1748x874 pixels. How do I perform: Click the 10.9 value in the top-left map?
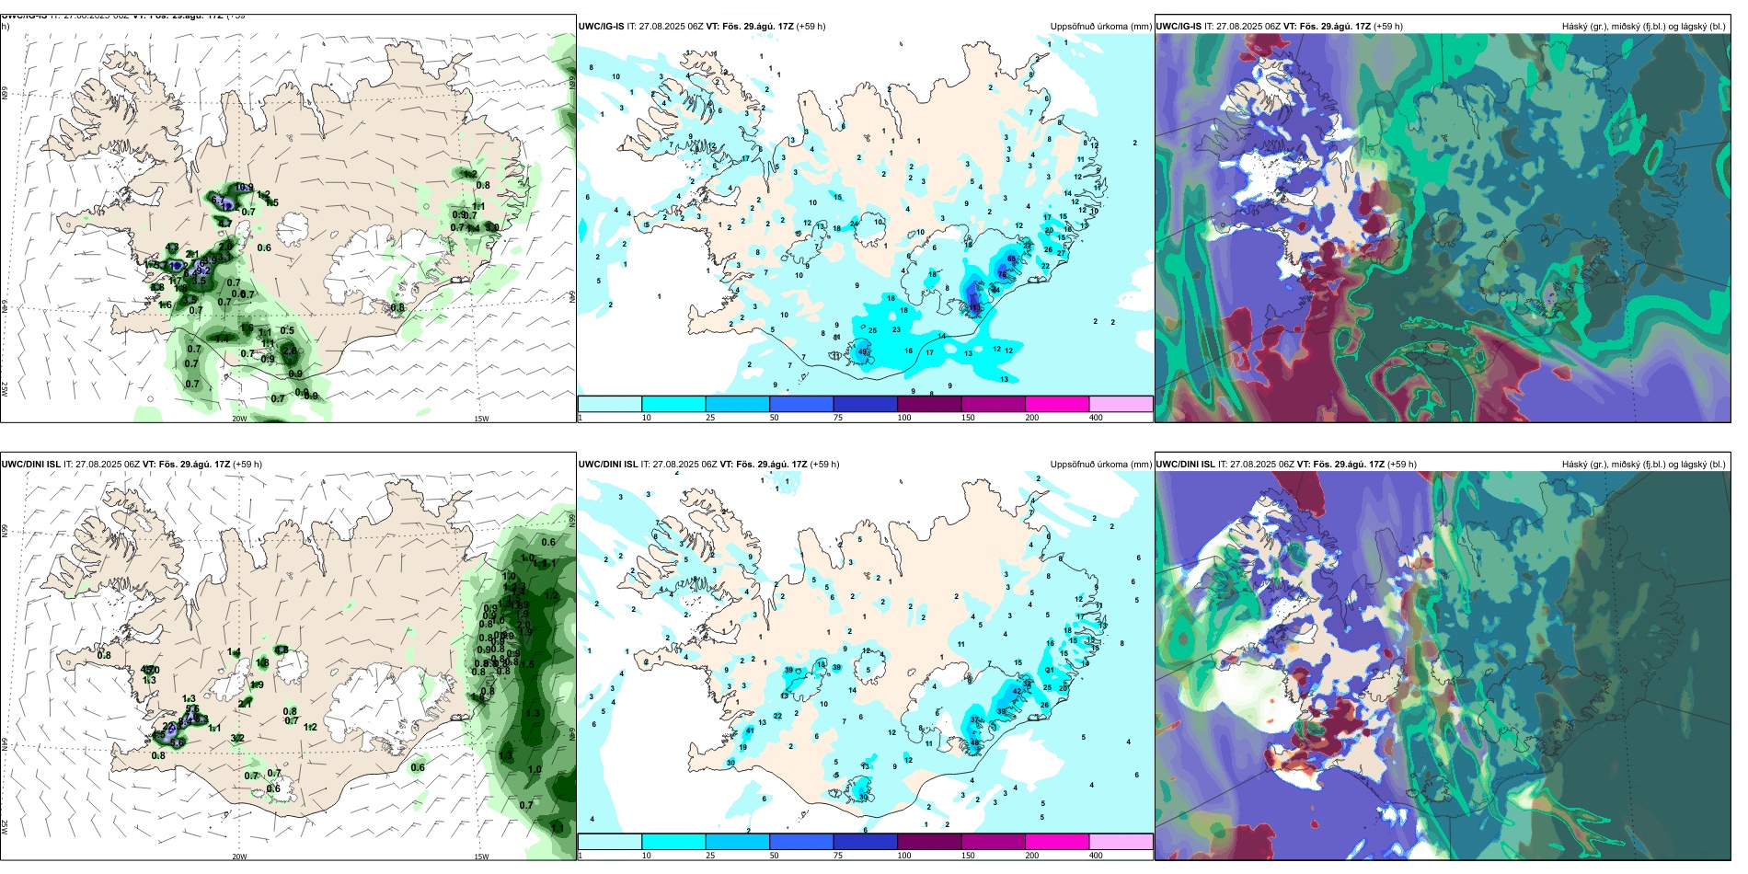[244, 188]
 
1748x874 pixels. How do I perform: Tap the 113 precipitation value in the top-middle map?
[975, 308]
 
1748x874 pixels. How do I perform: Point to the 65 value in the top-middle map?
[1012, 259]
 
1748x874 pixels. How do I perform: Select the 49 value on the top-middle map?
[863, 351]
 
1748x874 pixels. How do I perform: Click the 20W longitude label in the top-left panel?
[239, 419]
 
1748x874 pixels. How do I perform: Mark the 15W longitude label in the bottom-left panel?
[481, 857]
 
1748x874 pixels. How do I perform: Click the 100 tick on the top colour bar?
[903, 418]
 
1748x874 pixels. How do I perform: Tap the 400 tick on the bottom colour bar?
[1095, 856]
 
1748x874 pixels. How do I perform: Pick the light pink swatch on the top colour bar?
[1121, 404]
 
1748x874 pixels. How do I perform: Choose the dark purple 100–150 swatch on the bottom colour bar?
[928, 842]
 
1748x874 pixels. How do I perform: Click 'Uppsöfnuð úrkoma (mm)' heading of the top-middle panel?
[1100, 27]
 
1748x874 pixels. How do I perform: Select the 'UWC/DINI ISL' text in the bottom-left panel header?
[30, 465]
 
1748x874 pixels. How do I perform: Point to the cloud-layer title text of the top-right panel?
[1643, 27]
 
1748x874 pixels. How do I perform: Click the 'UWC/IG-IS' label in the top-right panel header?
[1179, 27]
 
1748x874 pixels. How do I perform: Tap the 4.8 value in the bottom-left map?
[282, 650]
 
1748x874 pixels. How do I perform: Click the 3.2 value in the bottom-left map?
[237, 738]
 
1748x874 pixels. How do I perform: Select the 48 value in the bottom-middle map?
[975, 742]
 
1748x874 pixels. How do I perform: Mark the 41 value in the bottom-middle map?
[750, 730]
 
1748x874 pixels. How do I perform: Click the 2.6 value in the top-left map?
[290, 351]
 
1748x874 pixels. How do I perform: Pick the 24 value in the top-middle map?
[855, 224]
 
